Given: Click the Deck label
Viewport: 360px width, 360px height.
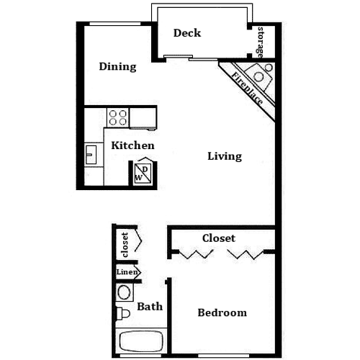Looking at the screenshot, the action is point(187,33).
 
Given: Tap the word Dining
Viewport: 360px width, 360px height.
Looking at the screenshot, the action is point(117,67).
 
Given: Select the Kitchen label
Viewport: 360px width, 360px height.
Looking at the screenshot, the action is point(132,145).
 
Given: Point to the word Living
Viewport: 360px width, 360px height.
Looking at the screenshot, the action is point(225,156).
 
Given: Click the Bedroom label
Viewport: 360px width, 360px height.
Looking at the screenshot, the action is point(222,312).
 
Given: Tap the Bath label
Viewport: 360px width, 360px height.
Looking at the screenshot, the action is point(150,307).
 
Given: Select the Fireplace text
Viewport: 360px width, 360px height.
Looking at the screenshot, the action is point(247,89).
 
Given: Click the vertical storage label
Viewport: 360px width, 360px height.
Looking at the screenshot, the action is point(260,42).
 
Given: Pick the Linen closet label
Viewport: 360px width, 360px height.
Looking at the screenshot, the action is point(127,272).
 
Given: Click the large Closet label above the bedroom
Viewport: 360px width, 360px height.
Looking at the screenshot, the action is point(219,238).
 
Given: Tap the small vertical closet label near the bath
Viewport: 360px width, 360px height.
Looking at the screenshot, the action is point(125,245).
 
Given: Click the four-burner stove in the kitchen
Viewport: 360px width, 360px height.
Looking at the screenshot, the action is point(118,117).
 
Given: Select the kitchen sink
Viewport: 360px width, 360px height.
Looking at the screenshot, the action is point(91,155).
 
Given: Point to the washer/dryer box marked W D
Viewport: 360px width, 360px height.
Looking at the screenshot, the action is point(143,174).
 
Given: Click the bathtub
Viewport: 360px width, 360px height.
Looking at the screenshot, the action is point(141,341).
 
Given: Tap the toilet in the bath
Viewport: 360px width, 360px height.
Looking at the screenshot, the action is point(123,313).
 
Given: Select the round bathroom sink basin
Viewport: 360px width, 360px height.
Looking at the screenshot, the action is point(124,292).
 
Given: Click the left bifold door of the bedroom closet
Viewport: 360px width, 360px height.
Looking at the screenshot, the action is point(196,254).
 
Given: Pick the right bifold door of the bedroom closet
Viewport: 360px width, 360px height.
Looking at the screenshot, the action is point(246,254).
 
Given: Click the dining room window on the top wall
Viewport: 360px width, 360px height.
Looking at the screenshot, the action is point(115,24).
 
